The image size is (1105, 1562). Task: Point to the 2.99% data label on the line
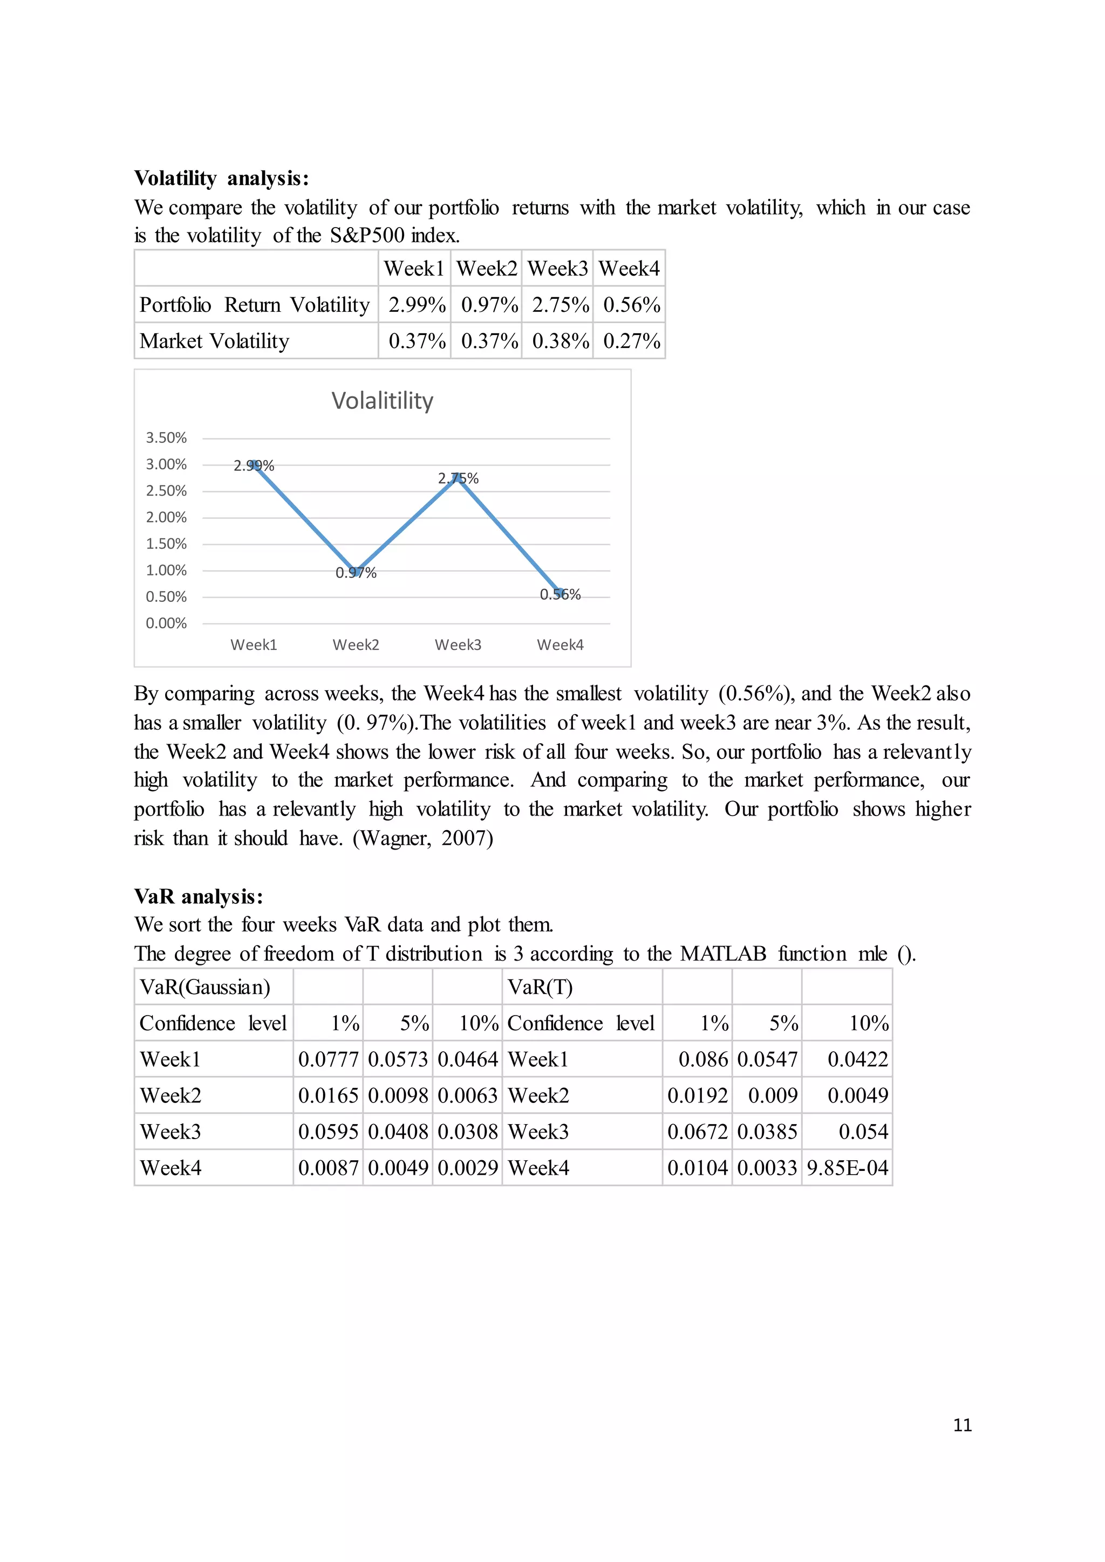click(254, 466)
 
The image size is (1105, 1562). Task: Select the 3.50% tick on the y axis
click(166, 437)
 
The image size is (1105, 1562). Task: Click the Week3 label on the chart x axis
click(458, 645)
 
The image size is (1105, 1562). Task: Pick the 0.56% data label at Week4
click(560, 594)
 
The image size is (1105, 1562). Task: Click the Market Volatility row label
click(214, 341)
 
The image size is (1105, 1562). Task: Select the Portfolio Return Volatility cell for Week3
click(560, 305)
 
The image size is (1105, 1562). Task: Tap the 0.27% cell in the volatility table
click(631, 341)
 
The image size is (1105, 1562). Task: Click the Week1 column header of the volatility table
click(414, 269)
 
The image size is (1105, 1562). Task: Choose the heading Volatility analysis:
click(222, 178)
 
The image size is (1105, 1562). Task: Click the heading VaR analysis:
click(199, 896)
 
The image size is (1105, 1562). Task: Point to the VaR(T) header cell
click(540, 987)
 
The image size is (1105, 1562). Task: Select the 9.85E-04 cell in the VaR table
click(847, 1168)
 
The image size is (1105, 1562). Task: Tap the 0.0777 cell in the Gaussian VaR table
click(328, 1059)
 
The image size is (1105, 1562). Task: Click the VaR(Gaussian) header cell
click(205, 987)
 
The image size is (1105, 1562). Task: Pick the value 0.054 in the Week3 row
click(863, 1132)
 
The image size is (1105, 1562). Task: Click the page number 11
click(962, 1425)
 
